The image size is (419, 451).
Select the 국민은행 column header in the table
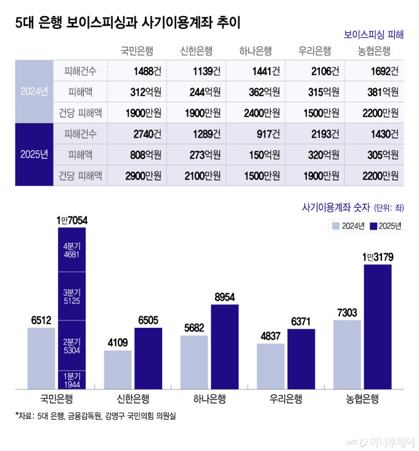point(137,51)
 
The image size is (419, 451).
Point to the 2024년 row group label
point(34,92)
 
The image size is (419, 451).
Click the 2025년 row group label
point(34,155)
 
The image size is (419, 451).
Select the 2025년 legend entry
point(385,225)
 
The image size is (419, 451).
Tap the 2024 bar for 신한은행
point(118,369)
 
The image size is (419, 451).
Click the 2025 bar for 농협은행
point(377,327)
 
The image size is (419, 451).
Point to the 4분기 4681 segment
point(72,251)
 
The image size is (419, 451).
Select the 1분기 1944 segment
point(72,379)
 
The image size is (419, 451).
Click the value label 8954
point(225,297)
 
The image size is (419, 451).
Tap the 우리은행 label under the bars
point(286,399)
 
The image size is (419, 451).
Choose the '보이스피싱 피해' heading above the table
point(373,35)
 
